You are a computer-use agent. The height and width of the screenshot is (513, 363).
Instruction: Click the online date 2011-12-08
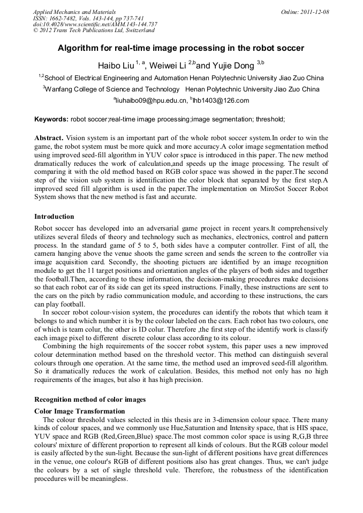[x=315, y=12]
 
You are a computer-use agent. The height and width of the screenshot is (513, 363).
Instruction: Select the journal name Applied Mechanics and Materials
[x=74, y=12]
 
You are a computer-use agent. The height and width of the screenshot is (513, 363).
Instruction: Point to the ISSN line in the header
[x=89, y=18]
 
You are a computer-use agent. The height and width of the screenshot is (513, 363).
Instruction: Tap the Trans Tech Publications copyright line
[x=94, y=30]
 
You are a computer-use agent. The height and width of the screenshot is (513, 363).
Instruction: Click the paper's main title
[x=181, y=48]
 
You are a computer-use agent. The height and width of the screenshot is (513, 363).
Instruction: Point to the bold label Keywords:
[x=51, y=119]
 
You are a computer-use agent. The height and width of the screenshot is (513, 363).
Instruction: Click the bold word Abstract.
[x=49, y=137]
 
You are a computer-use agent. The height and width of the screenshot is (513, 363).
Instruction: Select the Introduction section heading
[x=54, y=217]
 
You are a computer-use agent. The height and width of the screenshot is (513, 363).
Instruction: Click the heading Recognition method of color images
[x=90, y=399]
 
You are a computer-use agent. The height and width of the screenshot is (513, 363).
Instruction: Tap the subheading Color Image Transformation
[x=80, y=411]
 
